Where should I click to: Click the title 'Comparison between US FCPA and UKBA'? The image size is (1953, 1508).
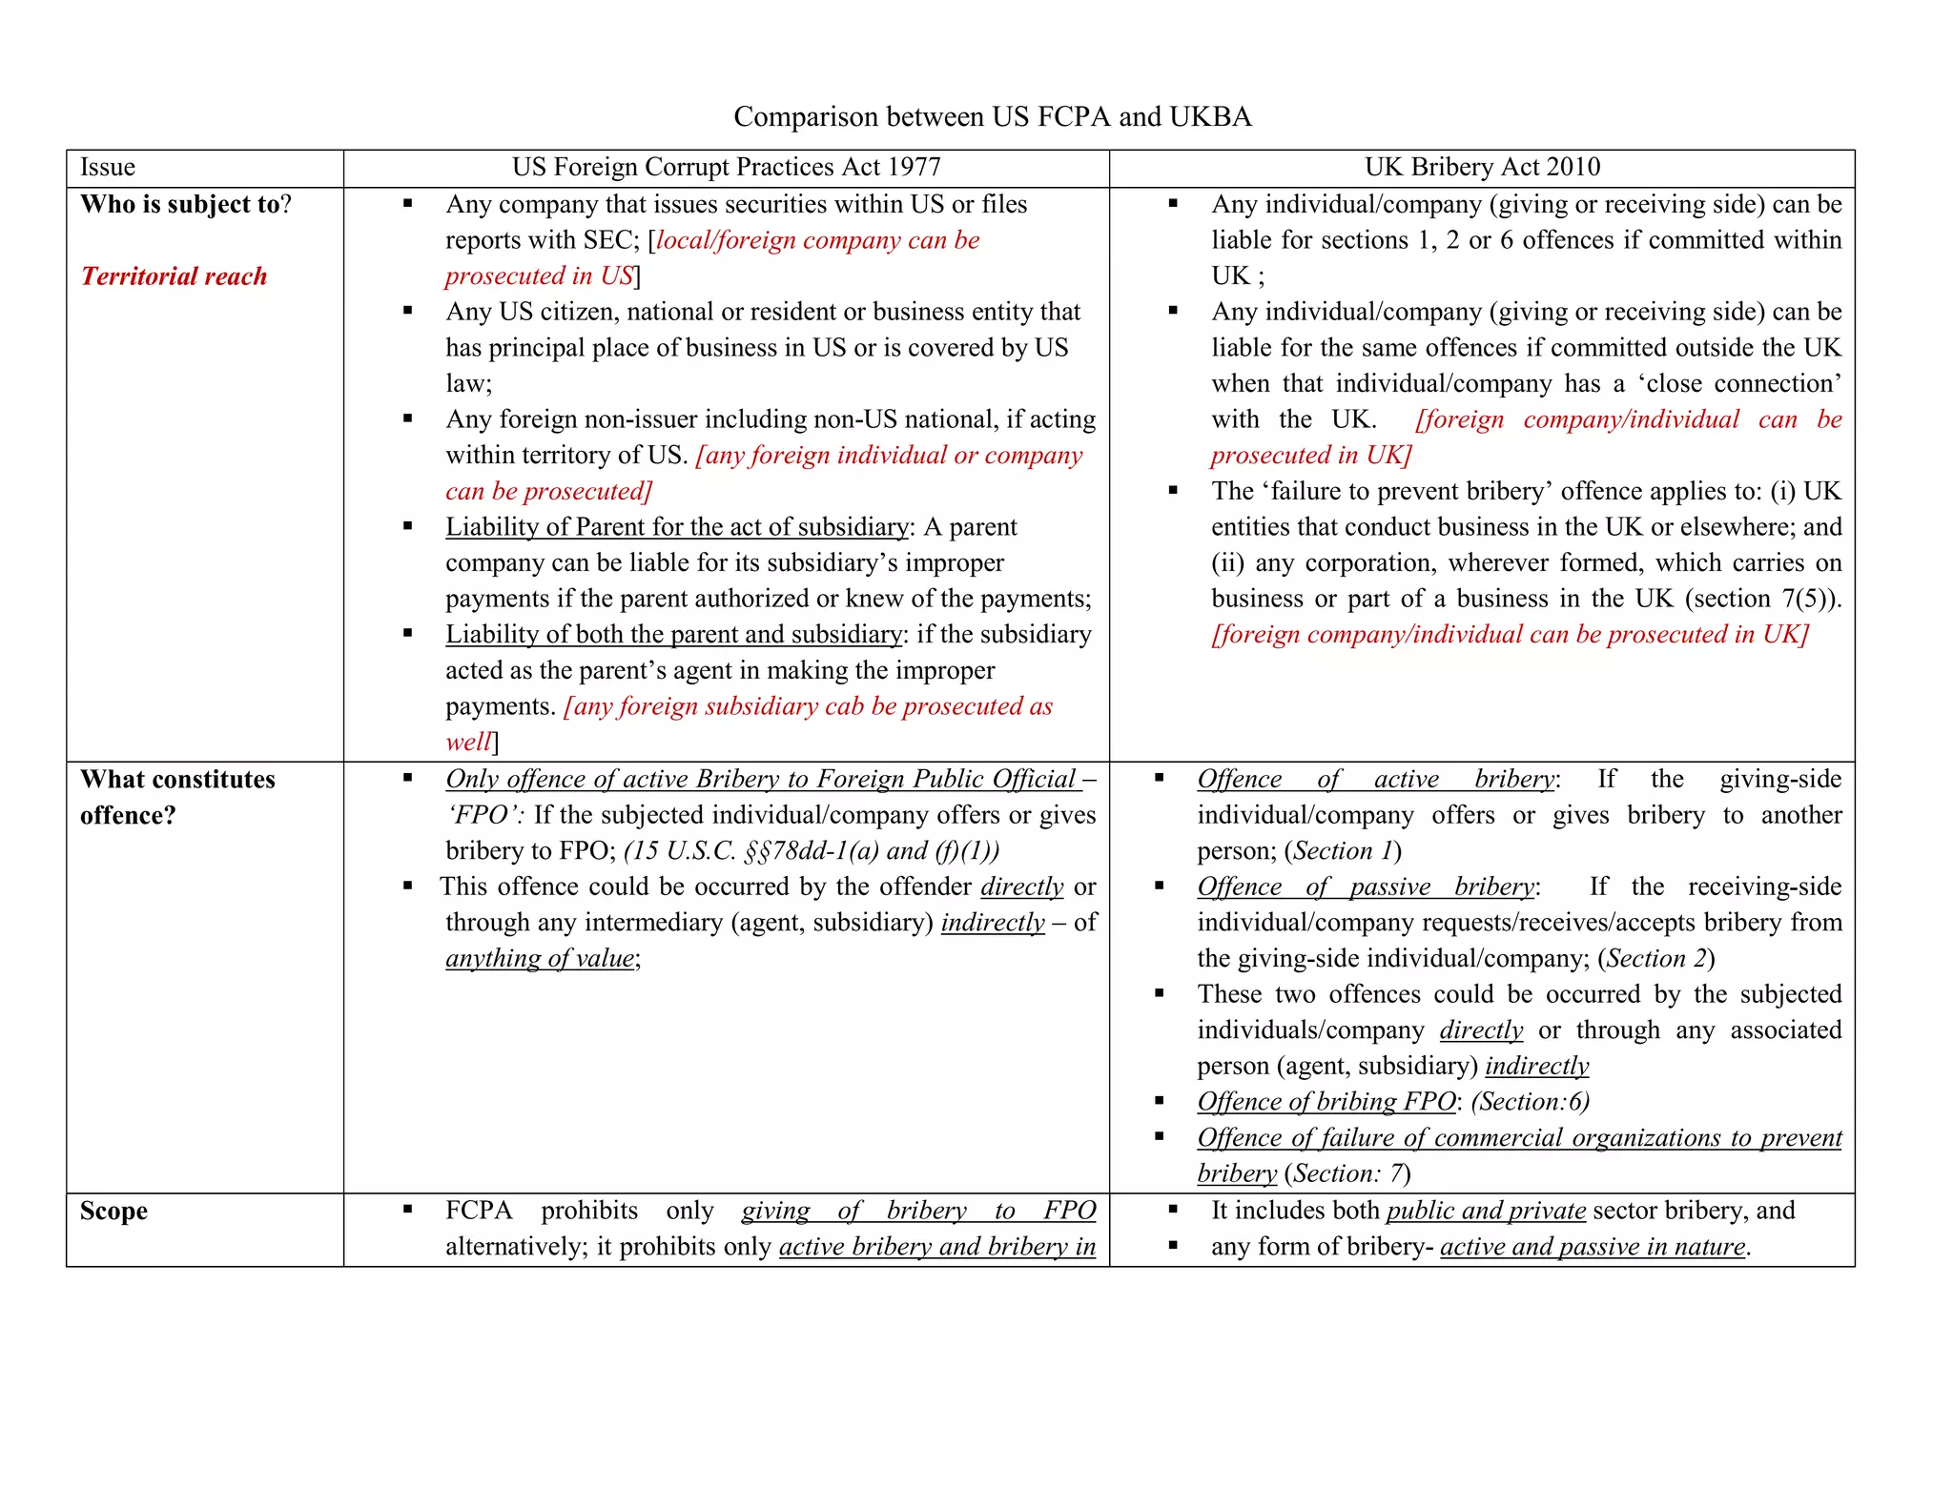click(x=992, y=116)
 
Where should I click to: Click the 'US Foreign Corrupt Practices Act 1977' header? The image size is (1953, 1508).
click(x=726, y=168)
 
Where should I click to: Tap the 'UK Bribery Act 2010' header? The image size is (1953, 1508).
click(x=1482, y=168)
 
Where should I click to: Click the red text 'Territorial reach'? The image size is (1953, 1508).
click(x=174, y=276)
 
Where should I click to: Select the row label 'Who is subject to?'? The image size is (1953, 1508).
click(x=185, y=205)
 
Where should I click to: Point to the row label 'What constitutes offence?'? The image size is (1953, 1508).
click(x=177, y=797)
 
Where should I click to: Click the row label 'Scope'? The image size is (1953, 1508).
click(x=113, y=1211)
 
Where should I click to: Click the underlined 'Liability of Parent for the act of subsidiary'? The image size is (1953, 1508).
click(x=677, y=527)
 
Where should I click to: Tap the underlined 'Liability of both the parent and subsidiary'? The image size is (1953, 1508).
click(x=673, y=635)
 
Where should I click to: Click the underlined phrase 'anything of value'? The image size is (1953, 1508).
click(x=540, y=958)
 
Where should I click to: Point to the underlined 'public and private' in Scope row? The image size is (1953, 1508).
click(x=1486, y=1211)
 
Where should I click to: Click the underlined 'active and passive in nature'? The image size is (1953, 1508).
click(x=1593, y=1247)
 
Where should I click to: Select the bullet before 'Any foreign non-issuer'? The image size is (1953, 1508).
click(x=408, y=418)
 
